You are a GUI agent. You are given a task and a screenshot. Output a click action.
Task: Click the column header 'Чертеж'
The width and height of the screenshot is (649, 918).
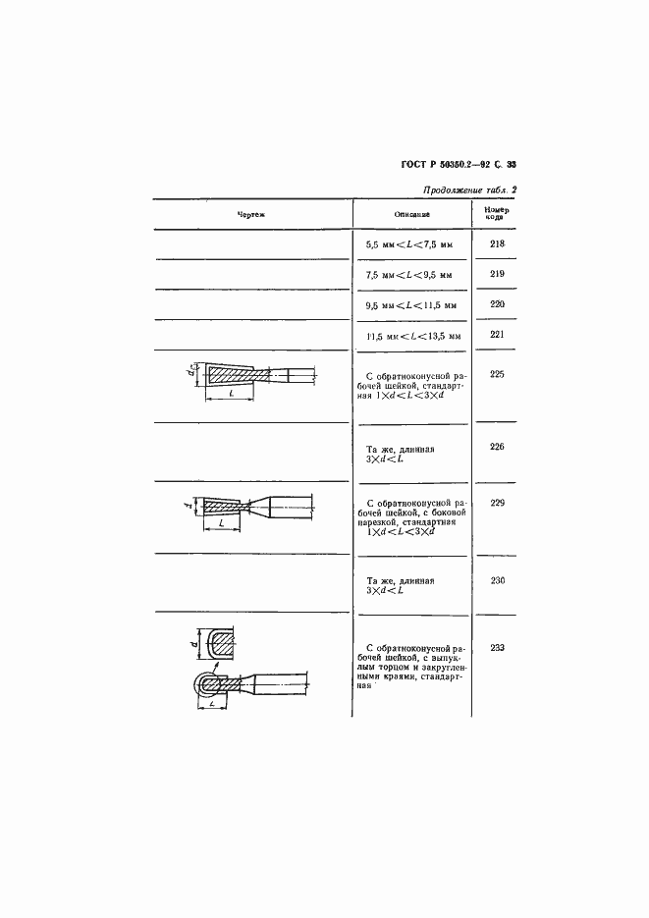(251, 214)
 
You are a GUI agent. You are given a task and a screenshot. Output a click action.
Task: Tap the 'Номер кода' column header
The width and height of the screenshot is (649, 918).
(496, 213)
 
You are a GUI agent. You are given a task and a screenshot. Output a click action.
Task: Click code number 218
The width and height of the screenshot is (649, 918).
(496, 243)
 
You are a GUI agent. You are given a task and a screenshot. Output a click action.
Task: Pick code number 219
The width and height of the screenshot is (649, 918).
(496, 274)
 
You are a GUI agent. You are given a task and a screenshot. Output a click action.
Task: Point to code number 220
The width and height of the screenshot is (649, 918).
(496, 304)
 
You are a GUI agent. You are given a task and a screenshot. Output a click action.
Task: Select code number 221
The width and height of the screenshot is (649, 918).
(496, 335)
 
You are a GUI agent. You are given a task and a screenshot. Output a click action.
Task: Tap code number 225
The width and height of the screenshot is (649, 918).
(496, 374)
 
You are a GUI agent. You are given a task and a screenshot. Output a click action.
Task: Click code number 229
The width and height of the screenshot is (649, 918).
(496, 502)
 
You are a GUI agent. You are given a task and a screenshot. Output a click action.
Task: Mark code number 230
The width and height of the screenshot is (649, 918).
(496, 580)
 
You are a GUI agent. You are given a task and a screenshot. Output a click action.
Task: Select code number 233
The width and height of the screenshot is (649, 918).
(496, 646)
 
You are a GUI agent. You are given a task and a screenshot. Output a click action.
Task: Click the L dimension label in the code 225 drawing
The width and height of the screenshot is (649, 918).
(230, 394)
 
